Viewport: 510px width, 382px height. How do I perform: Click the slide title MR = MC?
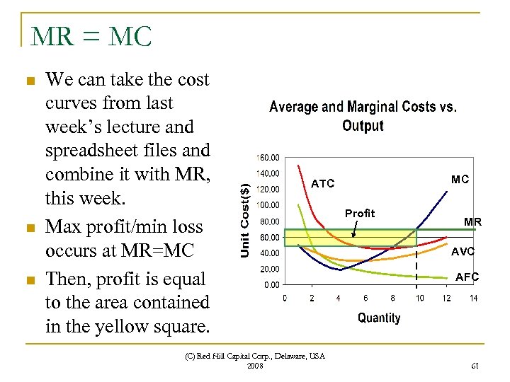pyautogui.click(x=91, y=35)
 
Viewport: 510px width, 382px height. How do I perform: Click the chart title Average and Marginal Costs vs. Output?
pyautogui.click(x=363, y=116)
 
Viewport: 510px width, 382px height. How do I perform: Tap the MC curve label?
pyautogui.click(x=460, y=180)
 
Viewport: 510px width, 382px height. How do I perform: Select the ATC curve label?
pyautogui.click(x=322, y=184)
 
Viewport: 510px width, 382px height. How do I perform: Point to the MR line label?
pyautogui.click(x=472, y=222)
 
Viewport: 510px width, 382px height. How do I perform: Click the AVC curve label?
pyautogui.click(x=463, y=251)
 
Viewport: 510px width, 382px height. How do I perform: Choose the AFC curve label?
pyautogui.click(x=467, y=277)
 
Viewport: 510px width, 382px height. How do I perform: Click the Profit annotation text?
pyautogui.click(x=360, y=214)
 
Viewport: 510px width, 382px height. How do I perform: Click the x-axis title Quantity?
pyautogui.click(x=378, y=318)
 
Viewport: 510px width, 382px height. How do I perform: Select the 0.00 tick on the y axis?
pyautogui.click(x=271, y=285)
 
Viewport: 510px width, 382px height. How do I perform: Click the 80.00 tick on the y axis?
pyautogui.click(x=268, y=221)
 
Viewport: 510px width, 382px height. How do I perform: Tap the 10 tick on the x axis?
pyautogui.click(x=420, y=298)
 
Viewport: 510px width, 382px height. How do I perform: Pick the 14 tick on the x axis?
pyautogui.click(x=473, y=298)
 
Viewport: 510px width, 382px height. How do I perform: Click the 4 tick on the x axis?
pyautogui.click(x=339, y=298)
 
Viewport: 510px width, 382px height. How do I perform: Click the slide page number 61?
pyautogui.click(x=474, y=364)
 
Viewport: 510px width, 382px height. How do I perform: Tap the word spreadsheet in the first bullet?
pyautogui.click(x=93, y=150)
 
